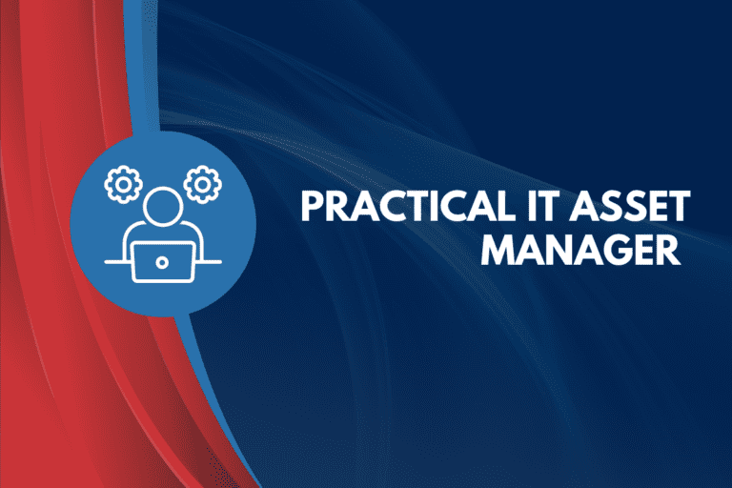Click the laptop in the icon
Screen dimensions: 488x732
[x=163, y=260]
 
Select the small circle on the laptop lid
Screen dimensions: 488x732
[x=163, y=260]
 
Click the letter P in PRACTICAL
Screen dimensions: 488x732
[x=310, y=207]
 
